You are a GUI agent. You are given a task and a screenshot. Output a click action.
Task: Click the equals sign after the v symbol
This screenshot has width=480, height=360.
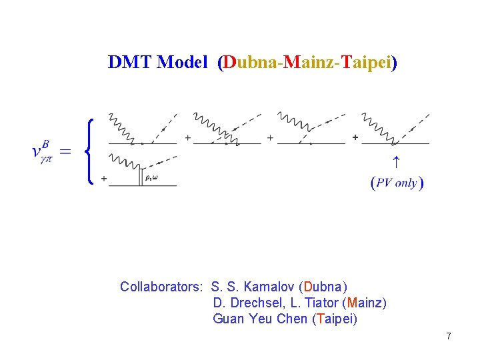pos(65,151)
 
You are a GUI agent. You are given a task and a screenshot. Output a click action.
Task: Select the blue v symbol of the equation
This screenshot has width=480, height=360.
pos(38,151)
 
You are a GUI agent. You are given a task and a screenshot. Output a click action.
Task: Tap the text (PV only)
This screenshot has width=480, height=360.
pos(397,183)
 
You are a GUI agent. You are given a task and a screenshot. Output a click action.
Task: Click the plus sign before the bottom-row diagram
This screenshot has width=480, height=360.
pos(103,179)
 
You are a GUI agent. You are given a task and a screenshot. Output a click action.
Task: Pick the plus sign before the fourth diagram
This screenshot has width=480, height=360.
pos(355,138)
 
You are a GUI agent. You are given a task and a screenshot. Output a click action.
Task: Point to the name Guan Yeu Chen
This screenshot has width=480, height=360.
pos(260,319)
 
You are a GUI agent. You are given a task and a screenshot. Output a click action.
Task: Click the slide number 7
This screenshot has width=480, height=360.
pos(449,337)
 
